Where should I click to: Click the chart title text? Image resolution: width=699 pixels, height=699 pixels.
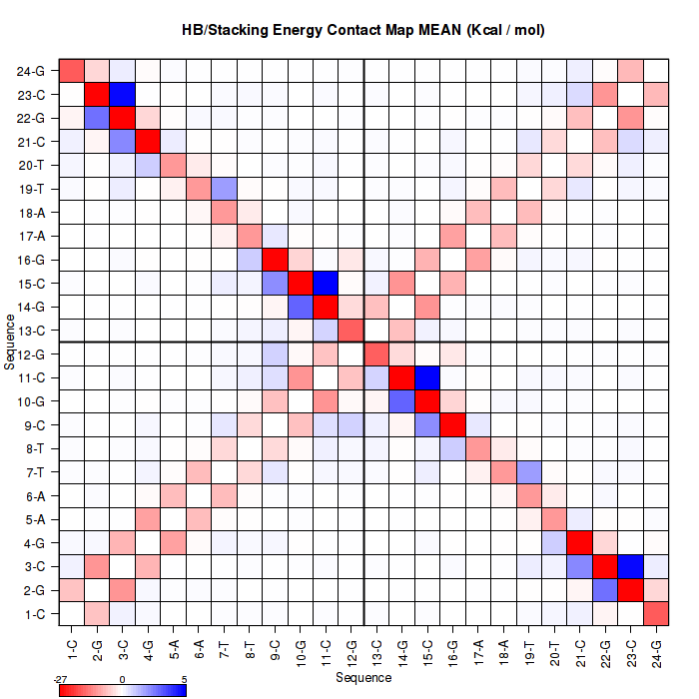(363, 30)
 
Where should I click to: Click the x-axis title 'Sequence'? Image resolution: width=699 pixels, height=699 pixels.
(363, 678)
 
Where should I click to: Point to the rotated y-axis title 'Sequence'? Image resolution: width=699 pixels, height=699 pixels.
(10, 343)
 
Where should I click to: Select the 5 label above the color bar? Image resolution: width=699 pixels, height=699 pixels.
(183, 678)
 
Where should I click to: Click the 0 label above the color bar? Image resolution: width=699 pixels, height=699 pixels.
(122, 678)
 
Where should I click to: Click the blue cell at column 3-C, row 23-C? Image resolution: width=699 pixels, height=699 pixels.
(123, 95)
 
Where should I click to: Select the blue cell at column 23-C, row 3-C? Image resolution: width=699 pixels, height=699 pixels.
(632, 565)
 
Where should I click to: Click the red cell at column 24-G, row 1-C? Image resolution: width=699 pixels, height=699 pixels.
(657, 612)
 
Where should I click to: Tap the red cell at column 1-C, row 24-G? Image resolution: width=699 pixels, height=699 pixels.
(72, 71)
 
